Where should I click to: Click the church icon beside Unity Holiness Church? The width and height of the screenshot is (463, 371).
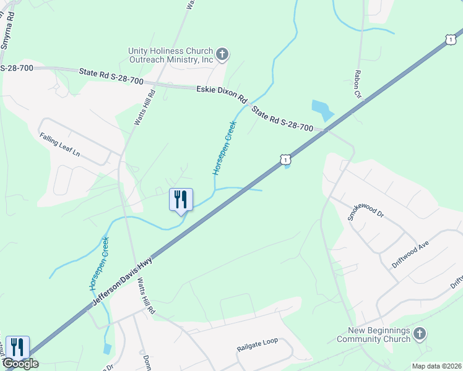(x=222, y=55)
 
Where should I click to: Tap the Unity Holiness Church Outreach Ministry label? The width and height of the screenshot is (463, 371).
(x=170, y=55)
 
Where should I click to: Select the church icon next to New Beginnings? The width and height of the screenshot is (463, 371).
(x=420, y=335)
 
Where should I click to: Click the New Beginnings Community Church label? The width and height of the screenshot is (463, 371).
(x=373, y=335)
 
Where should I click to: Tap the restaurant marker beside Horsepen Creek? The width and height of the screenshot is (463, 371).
(x=181, y=200)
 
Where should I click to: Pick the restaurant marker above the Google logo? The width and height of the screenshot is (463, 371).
(x=17, y=347)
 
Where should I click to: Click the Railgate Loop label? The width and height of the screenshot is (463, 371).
(x=257, y=344)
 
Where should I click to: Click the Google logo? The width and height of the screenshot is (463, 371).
(x=20, y=363)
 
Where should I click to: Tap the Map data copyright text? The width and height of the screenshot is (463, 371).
(x=436, y=366)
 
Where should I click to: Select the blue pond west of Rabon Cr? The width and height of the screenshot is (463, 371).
(x=322, y=110)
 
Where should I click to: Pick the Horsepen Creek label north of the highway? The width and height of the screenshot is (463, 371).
(x=225, y=147)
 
